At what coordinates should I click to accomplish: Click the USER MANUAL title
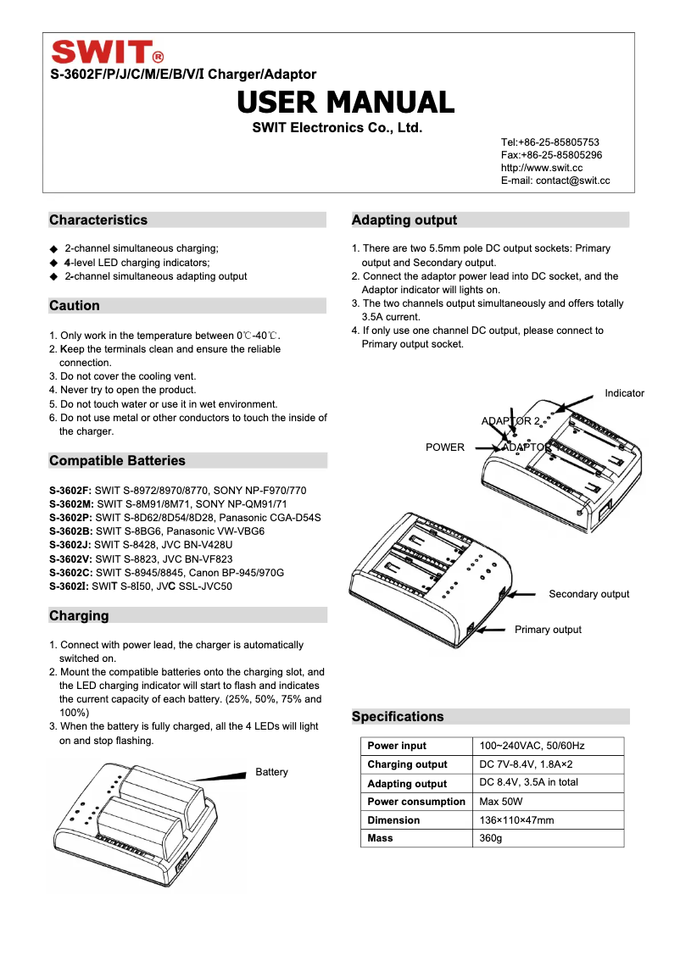345,103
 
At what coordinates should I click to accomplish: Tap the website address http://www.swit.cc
541,168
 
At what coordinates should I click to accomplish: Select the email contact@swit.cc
555,181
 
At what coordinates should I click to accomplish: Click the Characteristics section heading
98,220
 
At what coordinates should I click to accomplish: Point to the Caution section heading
75,306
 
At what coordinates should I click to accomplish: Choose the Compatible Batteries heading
117,461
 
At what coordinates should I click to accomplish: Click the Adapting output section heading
404,220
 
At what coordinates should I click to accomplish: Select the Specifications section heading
398,717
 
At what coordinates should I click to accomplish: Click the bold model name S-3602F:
70,491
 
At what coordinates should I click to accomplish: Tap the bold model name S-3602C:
70,573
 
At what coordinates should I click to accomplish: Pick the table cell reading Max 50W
501,802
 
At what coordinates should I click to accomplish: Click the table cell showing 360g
491,838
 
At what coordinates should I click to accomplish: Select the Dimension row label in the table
393,820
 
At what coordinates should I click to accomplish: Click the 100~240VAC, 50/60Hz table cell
532,746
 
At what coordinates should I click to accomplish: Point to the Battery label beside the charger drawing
271,772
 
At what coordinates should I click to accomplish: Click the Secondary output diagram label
588,594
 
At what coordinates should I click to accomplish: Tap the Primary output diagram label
548,630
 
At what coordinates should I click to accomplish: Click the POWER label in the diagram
445,447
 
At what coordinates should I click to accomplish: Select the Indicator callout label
624,393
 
